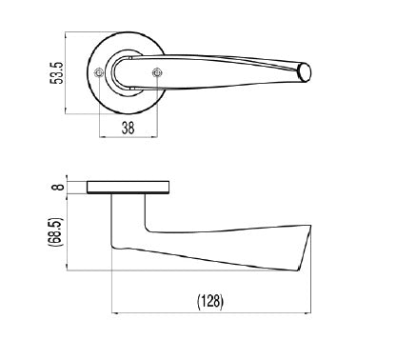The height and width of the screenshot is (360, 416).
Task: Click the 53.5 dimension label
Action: click(x=57, y=73)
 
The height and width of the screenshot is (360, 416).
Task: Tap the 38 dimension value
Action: click(x=129, y=127)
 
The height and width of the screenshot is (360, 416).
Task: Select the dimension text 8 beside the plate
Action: click(x=58, y=187)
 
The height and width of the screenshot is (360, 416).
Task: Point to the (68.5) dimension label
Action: click(x=57, y=231)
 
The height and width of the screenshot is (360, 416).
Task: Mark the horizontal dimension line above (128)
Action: click(x=211, y=312)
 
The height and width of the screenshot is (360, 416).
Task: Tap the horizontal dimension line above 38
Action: click(x=129, y=117)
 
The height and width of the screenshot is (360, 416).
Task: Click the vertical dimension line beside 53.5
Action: click(x=67, y=73)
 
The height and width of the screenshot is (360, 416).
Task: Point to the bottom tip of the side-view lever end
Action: click(x=303, y=273)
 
